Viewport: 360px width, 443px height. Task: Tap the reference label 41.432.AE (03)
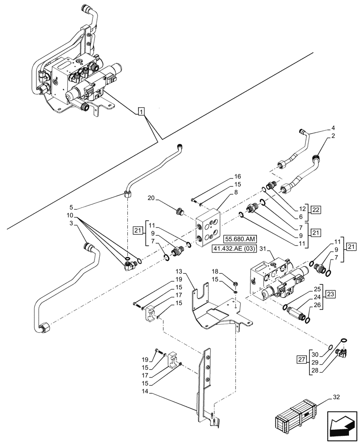point(243,248)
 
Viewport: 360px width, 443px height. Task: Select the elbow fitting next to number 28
point(342,352)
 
